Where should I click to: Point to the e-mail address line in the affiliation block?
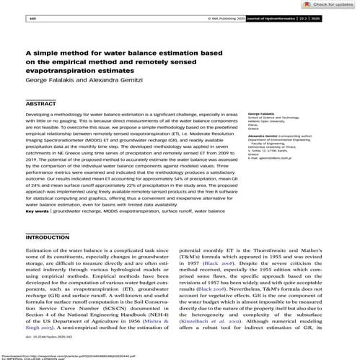(275, 154)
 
